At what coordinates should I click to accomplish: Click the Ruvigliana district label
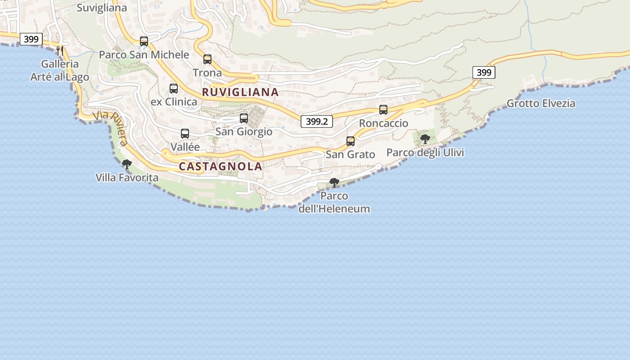(x=240, y=92)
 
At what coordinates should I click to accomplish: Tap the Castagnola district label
(x=220, y=166)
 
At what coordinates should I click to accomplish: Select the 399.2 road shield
(x=317, y=121)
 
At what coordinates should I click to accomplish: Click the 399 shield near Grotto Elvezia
(x=484, y=72)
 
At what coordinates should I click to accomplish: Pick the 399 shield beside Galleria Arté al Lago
(x=31, y=39)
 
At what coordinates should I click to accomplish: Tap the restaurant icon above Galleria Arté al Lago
(x=60, y=50)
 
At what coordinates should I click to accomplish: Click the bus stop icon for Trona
(x=207, y=59)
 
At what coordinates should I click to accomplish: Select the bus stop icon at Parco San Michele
(x=144, y=41)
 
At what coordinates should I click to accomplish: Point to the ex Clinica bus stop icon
(x=174, y=89)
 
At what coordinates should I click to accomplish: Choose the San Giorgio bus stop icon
(x=244, y=119)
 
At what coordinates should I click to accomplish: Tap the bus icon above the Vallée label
(x=185, y=134)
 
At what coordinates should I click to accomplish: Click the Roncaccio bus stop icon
(x=383, y=110)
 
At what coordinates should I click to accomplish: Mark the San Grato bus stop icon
(x=351, y=141)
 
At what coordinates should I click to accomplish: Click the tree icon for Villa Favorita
(x=127, y=164)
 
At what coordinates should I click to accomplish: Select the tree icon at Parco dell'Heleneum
(x=334, y=183)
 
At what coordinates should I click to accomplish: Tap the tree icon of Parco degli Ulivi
(x=425, y=139)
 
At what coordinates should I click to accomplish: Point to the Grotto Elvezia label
(x=541, y=103)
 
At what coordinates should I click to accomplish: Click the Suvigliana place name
(x=102, y=8)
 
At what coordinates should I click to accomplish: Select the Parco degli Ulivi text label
(x=425, y=153)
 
